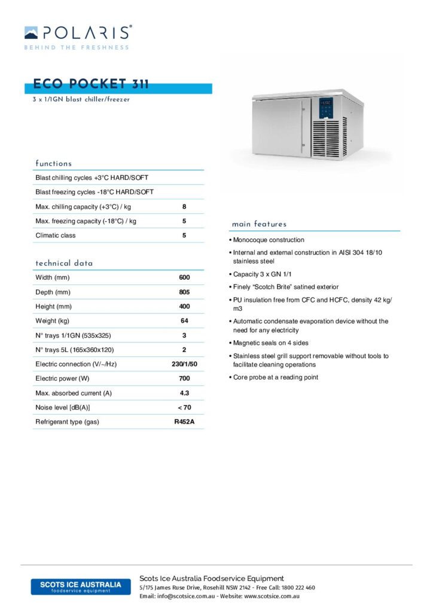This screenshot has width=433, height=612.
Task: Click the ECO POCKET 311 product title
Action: [x=91, y=84]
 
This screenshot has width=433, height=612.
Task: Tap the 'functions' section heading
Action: [x=53, y=163]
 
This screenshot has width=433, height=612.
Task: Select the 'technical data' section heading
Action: [x=64, y=263]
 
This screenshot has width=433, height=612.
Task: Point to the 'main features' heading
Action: [x=259, y=224]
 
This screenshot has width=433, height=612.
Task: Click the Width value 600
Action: [x=184, y=278]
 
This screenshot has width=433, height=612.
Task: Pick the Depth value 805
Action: [x=184, y=292]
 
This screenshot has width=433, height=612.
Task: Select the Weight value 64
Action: [x=184, y=321]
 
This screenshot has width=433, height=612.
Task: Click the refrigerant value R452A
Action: [x=184, y=422]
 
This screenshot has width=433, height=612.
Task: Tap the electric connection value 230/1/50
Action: [x=184, y=364]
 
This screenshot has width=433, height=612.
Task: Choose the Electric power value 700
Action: [x=184, y=378]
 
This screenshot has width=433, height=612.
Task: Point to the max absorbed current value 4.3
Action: [x=184, y=393]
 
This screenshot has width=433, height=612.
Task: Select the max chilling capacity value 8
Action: [x=184, y=207]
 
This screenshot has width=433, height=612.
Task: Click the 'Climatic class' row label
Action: [x=56, y=235]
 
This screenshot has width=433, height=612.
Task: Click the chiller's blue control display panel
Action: [x=326, y=108]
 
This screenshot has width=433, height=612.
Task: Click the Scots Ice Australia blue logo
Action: [x=80, y=586]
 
